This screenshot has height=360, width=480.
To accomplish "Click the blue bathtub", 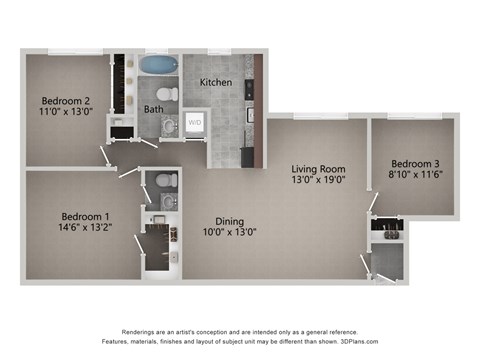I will pos(156,66).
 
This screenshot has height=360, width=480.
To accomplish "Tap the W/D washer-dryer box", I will pos(195,123).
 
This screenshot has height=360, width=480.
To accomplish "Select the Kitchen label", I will pos(216,81).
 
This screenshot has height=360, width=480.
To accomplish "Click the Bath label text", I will pos(153,109).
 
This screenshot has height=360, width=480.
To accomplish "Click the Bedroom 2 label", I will pos(66,100).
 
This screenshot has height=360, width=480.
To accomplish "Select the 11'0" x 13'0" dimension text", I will pos(66,113).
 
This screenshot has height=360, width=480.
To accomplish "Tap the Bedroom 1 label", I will pos(86,216).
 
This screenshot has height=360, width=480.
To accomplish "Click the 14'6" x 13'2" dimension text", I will pos(86,229).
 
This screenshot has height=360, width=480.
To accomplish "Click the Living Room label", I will pos(318,168).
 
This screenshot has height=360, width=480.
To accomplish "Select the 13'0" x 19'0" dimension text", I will pos(318,181).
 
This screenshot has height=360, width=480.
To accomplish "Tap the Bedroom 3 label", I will pos(415,163).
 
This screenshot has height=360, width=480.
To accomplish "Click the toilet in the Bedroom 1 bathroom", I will pos(166,181).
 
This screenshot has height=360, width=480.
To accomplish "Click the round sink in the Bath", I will pos(168,126).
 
